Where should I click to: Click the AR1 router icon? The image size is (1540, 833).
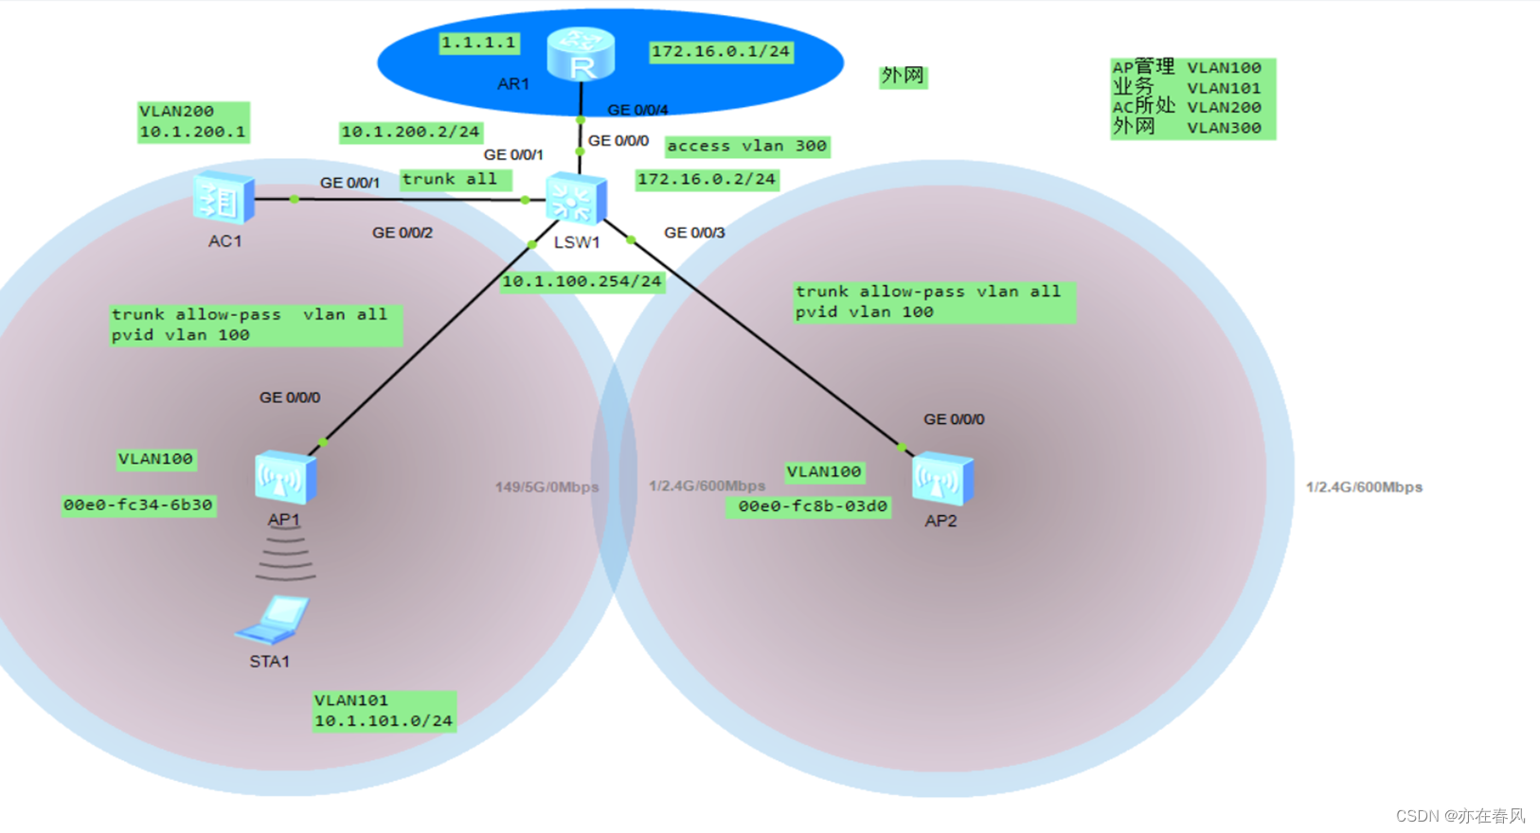coord(581,54)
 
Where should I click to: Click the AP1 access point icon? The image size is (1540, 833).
coord(285,477)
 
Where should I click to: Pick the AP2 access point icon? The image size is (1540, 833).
coord(942,478)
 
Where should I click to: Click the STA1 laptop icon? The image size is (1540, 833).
coord(272,620)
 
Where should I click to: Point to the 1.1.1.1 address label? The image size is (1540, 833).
coord(479,44)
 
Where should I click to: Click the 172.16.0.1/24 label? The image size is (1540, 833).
coord(721,52)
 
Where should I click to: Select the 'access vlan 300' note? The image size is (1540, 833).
coord(747,147)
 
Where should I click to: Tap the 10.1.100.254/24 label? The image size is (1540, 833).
coord(582,282)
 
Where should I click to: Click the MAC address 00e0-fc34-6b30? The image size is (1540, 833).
coord(138,505)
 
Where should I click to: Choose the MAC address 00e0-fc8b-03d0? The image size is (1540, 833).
coord(809,507)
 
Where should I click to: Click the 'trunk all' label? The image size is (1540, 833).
coord(456,180)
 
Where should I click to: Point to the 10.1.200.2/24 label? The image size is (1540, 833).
coord(411,132)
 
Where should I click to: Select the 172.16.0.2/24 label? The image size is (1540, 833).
coord(707,180)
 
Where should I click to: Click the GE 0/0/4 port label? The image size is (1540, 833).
coord(637,110)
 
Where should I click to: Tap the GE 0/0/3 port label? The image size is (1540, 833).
coord(694,233)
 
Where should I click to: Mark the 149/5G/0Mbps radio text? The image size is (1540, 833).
coord(547,487)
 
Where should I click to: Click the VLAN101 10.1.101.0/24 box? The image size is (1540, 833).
coord(385,711)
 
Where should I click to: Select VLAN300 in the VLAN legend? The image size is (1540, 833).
coord(1225,129)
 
